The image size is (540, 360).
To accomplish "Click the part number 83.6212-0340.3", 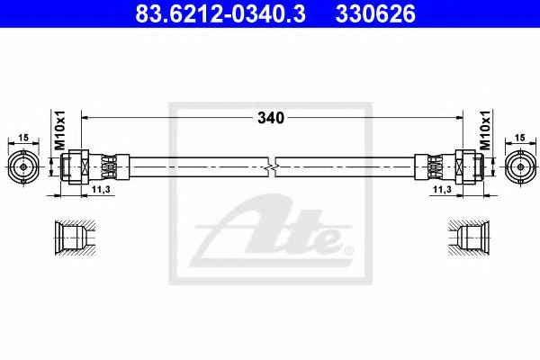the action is [x=220, y=13].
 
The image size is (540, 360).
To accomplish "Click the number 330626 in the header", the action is [x=375, y=13].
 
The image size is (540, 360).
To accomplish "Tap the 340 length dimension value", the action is [x=271, y=118].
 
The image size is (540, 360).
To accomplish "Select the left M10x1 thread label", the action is [x=60, y=130].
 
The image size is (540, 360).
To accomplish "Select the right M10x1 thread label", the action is [x=485, y=130].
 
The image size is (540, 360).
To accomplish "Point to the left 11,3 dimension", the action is [x=101, y=189].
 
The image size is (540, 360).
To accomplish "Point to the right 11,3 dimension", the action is [x=442, y=189].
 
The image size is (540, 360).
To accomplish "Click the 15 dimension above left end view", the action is [x=23, y=138].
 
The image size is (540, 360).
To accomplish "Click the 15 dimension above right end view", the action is [x=520, y=138].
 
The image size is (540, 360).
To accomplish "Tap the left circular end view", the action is [x=23, y=167].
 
